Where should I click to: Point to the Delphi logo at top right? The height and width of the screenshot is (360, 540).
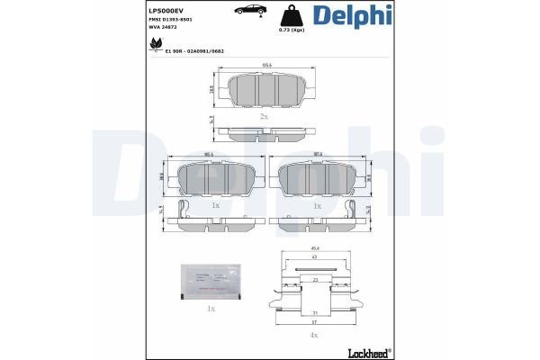(x=352, y=17)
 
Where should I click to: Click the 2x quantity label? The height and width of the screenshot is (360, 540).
(x=264, y=117)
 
